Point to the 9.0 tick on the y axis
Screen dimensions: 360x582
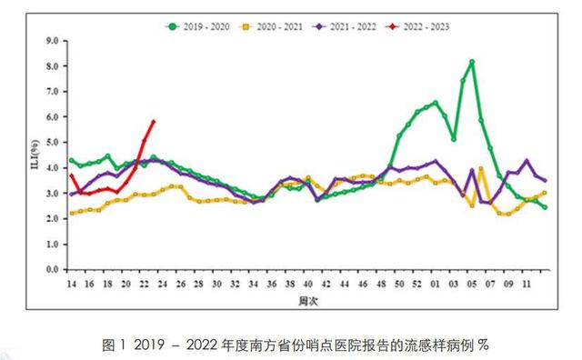(x=52, y=41)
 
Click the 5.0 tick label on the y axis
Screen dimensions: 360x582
(x=52, y=143)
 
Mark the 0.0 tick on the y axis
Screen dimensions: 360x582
(x=52, y=270)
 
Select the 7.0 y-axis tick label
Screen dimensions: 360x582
(x=52, y=92)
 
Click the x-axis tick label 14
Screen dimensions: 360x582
(x=71, y=285)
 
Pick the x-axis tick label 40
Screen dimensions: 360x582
(x=308, y=285)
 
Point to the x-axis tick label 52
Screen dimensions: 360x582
(x=417, y=285)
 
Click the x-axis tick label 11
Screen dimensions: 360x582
(x=526, y=285)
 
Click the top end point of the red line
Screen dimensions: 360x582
(x=153, y=122)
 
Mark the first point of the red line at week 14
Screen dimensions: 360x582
(x=72, y=175)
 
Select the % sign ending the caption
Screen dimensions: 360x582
(x=484, y=345)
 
